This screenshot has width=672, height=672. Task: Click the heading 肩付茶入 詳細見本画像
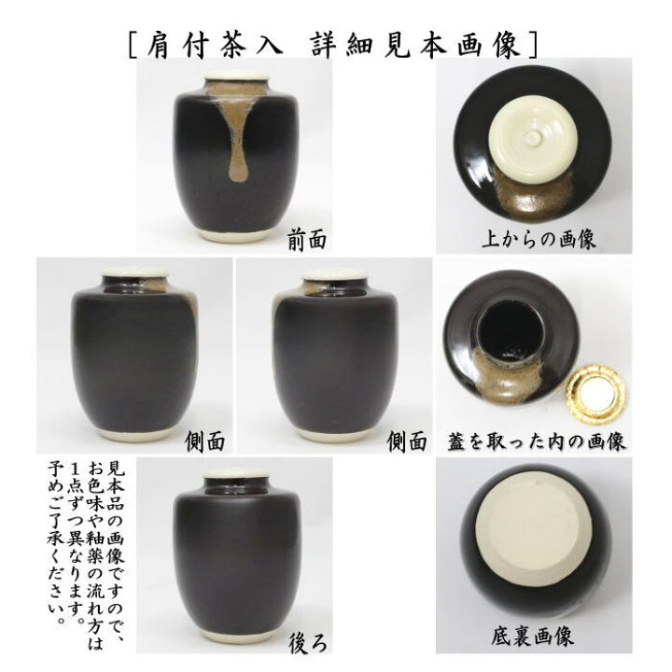(x=335, y=43)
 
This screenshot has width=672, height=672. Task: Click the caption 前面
(x=307, y=241)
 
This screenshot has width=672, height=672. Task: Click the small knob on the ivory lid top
(x=533, y=139)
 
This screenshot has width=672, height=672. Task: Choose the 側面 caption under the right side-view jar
(x=409, y=440)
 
